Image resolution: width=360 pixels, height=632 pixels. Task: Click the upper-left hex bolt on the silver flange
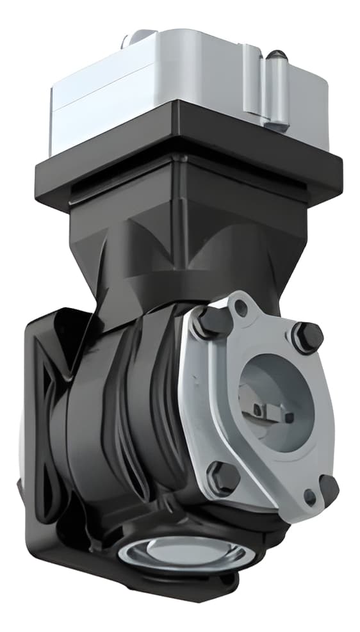(210, 323)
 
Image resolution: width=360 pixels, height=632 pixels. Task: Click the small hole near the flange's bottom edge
(310, 496)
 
